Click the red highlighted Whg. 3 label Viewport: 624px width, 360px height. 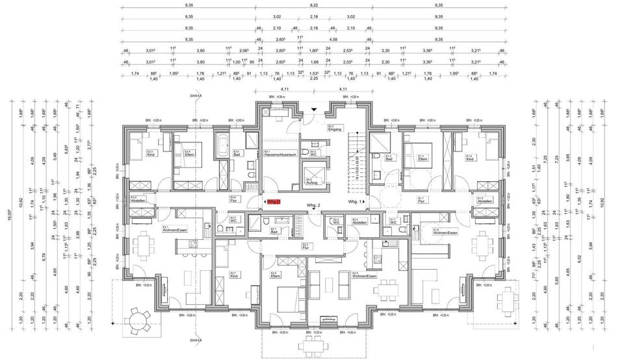pyautogui.click(x=274, y=203)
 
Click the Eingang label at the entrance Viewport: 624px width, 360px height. pyautogui.click(x=335, y=128)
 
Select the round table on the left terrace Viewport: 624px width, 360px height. pyautogui.click(x=137, y=318)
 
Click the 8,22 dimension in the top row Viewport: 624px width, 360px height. pyautogui.click(x=313, y=5)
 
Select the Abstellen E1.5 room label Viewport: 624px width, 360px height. pyautogui.click(x=484, y=201)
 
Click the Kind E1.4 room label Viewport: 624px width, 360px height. pyautogui.click(x=469, y=158)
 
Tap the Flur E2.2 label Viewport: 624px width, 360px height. pyautogui.click(x=305, y=247)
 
